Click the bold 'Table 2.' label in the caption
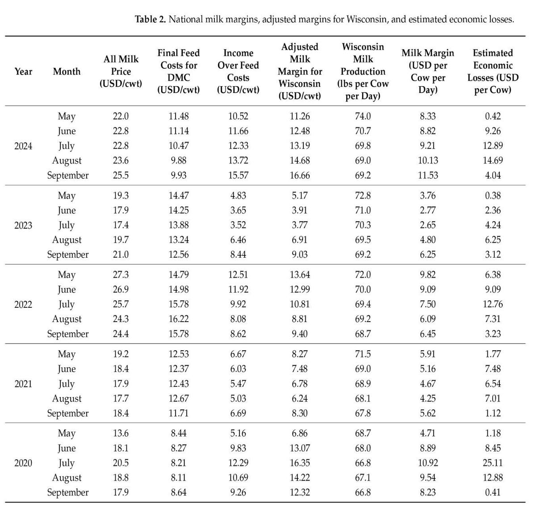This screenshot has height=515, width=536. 151,19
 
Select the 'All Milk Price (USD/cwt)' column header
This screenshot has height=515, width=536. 121,71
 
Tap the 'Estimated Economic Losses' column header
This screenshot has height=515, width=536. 493,71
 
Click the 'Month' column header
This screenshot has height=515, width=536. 67,71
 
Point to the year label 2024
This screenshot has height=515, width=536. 23,146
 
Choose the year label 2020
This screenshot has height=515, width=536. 23,463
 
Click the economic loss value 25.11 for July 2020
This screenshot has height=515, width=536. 493,463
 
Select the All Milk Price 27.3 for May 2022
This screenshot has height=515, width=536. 121,275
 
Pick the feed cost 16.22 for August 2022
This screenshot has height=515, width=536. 179,319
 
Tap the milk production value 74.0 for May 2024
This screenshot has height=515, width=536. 363,116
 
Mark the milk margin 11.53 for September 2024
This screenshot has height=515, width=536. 427,176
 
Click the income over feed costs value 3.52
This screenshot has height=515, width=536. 238,225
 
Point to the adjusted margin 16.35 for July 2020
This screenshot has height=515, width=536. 300,463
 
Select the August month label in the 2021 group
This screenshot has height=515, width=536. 67,398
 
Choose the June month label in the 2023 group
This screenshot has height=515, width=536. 67,210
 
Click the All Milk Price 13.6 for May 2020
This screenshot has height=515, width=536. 121,433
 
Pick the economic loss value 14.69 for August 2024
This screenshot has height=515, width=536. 493,160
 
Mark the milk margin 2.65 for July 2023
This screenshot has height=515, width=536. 427,225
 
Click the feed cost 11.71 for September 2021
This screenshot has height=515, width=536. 179,413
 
